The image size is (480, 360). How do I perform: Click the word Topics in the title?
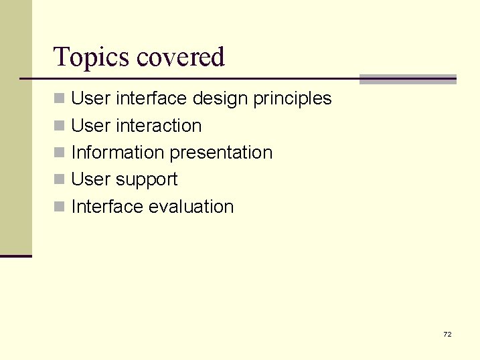(92, 58)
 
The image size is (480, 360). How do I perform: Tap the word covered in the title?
(181, 58)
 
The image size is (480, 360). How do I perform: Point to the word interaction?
(158, 126)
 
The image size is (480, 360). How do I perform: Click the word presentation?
(221, 153)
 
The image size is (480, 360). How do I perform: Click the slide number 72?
(447, 334)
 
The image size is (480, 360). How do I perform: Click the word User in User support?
(91, 179)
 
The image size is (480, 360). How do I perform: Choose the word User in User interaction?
(91, 126)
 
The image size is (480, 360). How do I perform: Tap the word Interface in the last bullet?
(107, 207)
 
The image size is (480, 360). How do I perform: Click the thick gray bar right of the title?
(408, 79)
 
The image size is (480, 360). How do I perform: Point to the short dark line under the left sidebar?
(16, 256)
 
